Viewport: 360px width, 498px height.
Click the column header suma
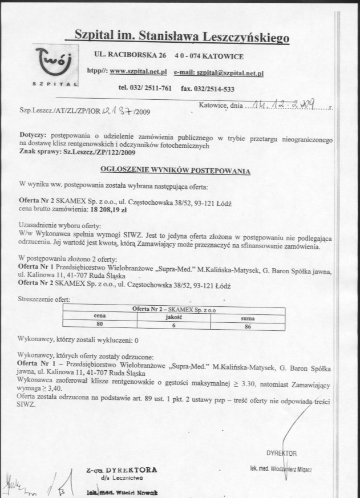[248, 318]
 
